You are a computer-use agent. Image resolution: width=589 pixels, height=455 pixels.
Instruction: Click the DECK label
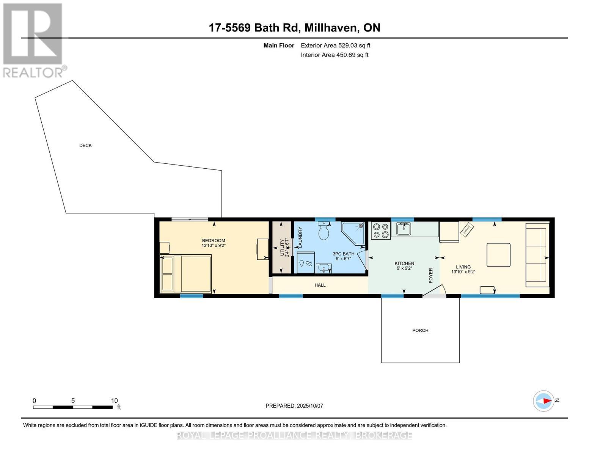click(85, 146)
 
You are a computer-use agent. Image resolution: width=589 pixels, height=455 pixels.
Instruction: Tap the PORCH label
click(420, 331)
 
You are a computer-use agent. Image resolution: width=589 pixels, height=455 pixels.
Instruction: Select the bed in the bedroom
click(186, 274)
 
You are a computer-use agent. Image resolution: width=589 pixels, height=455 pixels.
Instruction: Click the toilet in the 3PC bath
click(324, 231)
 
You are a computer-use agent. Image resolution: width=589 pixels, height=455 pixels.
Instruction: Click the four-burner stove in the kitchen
click(380, 231)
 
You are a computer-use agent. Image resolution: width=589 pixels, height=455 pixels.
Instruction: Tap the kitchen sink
click(404, 229)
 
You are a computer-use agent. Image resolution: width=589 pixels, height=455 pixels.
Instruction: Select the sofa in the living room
click(537, 255)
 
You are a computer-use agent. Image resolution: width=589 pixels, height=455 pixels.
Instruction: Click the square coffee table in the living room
click(498, 255)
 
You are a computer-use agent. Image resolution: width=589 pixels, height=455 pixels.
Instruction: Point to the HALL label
click(320, 285)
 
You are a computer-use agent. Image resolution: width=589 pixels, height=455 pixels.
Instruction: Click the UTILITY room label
click(282, 247)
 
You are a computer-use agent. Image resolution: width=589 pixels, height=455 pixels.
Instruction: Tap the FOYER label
click(431, 276)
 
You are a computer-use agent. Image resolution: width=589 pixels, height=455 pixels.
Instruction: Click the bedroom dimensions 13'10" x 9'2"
click(214, 246)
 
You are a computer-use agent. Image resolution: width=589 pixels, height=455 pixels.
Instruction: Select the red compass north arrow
click(546, 401)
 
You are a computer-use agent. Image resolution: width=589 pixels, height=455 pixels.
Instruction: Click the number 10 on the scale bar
click(114, 401)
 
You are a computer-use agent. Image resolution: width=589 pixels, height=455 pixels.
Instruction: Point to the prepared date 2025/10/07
click(310, 406)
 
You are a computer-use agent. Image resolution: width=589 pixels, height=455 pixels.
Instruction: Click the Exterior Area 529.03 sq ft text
click(335, 45)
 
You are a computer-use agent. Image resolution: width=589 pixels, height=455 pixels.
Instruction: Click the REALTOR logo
click(33, 40)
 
